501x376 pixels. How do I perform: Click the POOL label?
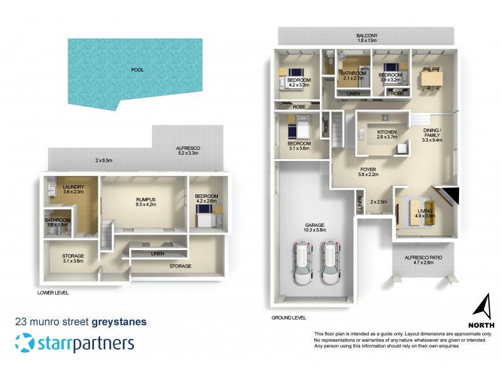(x=137, y=70)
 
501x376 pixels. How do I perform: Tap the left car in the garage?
(x=302, y=262)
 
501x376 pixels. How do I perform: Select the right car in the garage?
(x=331, y=262)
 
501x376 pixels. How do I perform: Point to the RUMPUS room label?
(x=145, y=199)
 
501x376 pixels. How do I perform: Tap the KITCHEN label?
(x=387, y=132)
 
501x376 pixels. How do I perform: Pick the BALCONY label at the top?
(x=366, y=36)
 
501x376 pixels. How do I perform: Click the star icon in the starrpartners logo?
(x=25, y=343)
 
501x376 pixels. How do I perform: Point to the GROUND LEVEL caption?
(x=289, y=318)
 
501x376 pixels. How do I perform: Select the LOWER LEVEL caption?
(x=53, y=293)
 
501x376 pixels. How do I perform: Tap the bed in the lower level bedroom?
(x=205, y=218)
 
